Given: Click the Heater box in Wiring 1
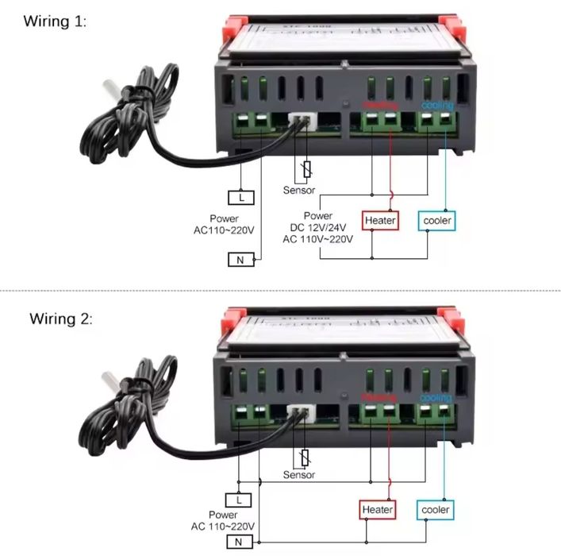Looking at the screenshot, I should (x=380, y=219).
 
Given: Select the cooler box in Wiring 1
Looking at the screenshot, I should (x=437, y=219).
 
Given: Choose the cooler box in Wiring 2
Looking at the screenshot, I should (x=435, y=509).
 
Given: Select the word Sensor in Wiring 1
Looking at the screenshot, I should (x=299, y=191).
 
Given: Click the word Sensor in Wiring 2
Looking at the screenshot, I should (x=299, y=475).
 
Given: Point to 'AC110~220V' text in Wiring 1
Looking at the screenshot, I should (x=224, y=230).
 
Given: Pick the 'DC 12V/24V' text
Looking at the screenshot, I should (x=328, y=227).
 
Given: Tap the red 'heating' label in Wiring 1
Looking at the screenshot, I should (x=379, y=105).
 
